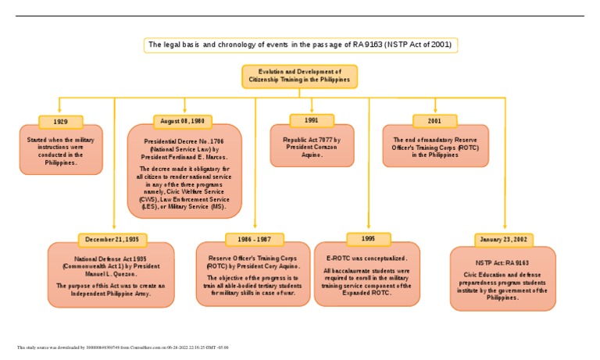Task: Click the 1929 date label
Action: click(x=60, y=122)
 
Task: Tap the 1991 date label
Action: click(x=311, y=120)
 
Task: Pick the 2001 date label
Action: click(x=434, y=121)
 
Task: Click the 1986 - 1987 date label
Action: click(x=254, y=239)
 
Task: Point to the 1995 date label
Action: click(x=369, y=238)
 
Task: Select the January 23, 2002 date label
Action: click(x=504, y=239)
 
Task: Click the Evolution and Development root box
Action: click(x=300, y=77)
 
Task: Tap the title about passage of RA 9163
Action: click(x=300, y=45)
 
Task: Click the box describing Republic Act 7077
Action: click(x=312, y=147)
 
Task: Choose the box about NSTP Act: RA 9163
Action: click(x=503, y=279)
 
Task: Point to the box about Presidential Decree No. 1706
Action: click(x=184, y=176)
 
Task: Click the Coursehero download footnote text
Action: click(x=122, y=348)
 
